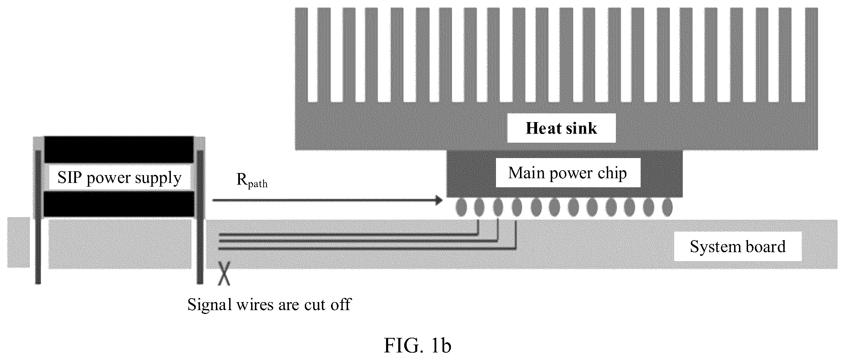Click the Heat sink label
click(x=561, y=128)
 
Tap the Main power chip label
click(x=567, y=173)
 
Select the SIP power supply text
click(x=119, y=178)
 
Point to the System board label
click(x=738, y=247)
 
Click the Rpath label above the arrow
click(x=252, y=180)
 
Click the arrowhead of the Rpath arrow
click(x=438, y=200)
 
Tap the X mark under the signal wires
click(x=224, y=274)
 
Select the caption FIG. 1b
click(x=417, y=345)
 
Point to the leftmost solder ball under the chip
click(x=461, y=208)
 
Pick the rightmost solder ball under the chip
click(x=667, y=208)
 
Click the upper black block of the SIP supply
click(x=119, y=149)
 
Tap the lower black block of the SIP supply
click(x=119, y=204)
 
